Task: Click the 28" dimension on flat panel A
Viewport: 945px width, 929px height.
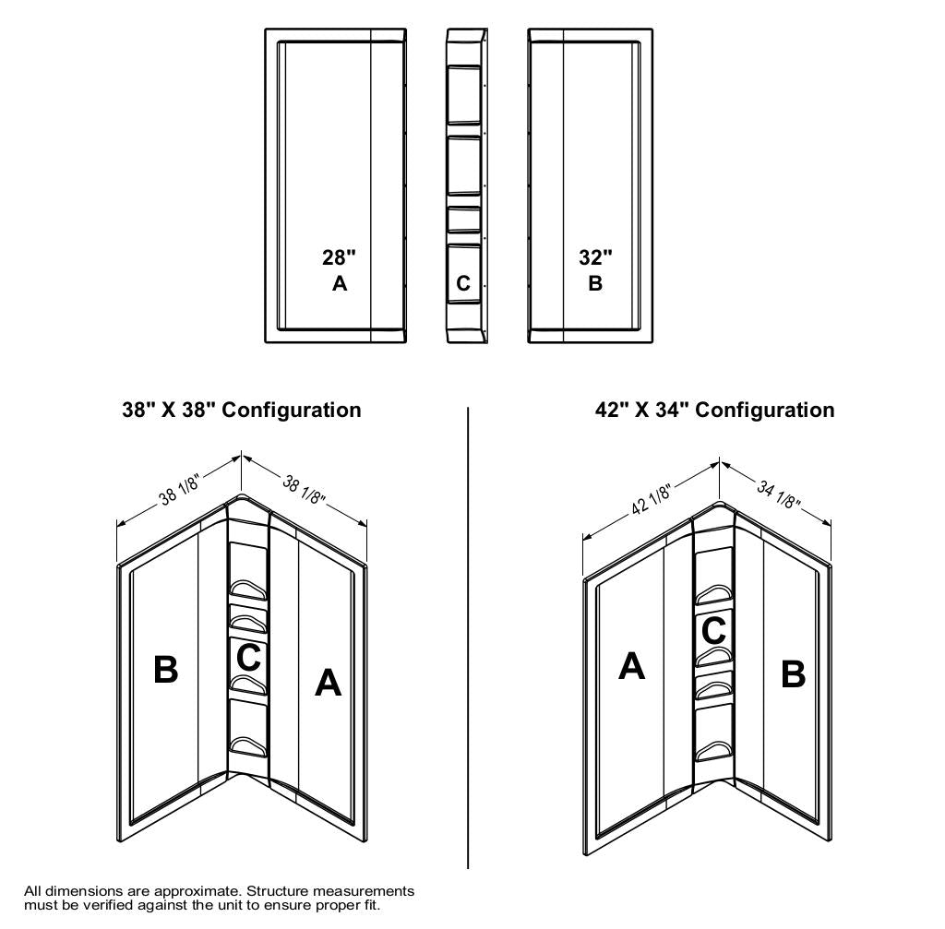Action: click(339, 257)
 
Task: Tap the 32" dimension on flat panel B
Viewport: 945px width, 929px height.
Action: click(595, 257)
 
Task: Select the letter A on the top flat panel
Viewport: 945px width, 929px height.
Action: click(340, 283)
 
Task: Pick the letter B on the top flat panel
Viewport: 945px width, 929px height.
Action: click(595, 283)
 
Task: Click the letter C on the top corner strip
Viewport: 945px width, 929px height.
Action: click(463, 283)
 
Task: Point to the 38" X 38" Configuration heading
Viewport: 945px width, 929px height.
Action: click(242, 410)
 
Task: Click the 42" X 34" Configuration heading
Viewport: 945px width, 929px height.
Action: click(715, 410)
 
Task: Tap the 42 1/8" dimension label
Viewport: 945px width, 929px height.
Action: click(652, 499)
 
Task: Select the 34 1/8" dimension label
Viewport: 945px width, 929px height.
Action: click(779, 494)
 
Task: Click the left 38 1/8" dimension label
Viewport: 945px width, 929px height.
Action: click(179, 489)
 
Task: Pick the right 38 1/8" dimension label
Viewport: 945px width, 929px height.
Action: click(305, 489)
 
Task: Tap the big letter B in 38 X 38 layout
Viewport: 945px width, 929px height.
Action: click(166, 670)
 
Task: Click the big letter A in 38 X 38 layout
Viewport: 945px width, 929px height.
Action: click(328, 683)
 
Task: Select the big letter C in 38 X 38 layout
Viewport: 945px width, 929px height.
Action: click(248, 657)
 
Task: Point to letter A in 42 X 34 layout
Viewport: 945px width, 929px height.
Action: click(631, 666)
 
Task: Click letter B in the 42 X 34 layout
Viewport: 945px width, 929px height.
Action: click(793, 673)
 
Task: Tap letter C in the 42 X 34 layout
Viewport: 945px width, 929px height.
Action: click(713, 631)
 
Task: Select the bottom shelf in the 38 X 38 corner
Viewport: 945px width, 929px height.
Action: click(249, 746)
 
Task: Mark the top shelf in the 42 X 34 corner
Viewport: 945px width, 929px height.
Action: click(715, 595)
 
